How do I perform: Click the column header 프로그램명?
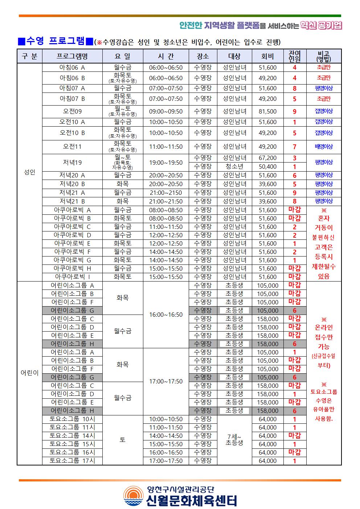coord(72,56)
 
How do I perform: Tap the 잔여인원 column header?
coord(294,56)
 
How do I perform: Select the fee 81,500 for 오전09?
coord(267,111)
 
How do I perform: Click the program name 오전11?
coord(72,147)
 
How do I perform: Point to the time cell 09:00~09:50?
coord(166,111)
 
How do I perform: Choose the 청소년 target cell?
coord(234,167)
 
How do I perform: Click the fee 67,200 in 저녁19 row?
coord(267,158)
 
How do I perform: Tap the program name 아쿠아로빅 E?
coord(72,243)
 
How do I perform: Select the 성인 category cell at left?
coord(29,172)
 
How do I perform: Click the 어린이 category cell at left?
coord(29,373)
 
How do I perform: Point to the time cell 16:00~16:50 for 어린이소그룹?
coord(166,315)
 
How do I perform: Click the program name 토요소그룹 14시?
coord(72,436)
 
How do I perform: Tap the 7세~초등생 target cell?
coord(234,440)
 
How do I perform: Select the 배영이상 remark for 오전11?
coord(324,147)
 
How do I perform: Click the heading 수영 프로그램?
coord(56,41)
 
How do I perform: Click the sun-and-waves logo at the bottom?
coord(134,496)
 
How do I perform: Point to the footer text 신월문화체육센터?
coord(192,500)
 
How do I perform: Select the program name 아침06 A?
coord(72,67)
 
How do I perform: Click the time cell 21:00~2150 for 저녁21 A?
coord(166,193)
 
